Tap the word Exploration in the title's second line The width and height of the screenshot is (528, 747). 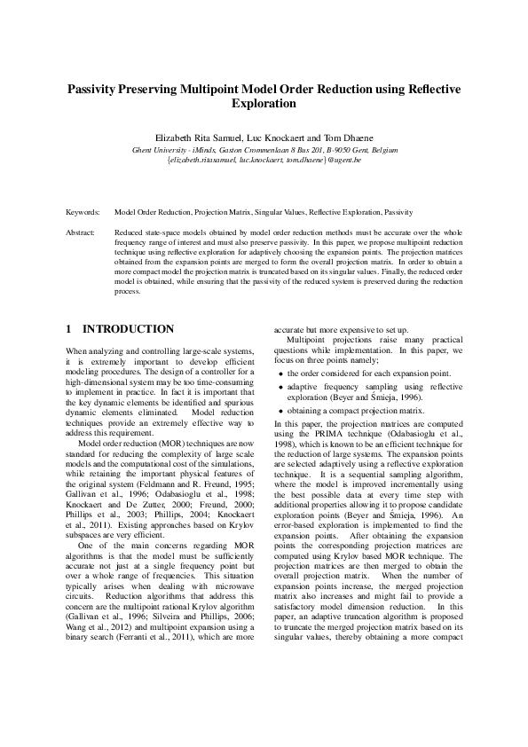(x=264, y=104)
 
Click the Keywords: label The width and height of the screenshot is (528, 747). (x=83, y=214)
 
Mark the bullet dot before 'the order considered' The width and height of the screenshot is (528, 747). (x=281, y=373)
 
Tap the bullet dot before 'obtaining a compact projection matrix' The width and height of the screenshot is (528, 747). (x=281, y=412)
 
